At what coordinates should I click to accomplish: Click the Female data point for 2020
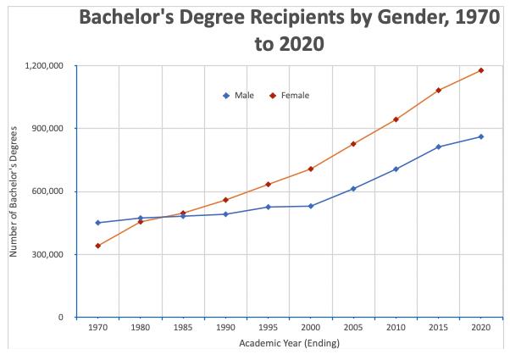[481, 70]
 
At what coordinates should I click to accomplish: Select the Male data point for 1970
[98, 223]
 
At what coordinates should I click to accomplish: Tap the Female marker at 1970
[98, 246]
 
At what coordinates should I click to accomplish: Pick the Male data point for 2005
[353, 189]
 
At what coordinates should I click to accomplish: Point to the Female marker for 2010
[396, 119]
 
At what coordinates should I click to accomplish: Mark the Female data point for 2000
[311, 169]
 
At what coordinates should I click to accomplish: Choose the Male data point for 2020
[481, 136]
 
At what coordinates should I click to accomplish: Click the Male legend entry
[241, 95]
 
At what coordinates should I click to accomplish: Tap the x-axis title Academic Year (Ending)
[290, 343]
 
